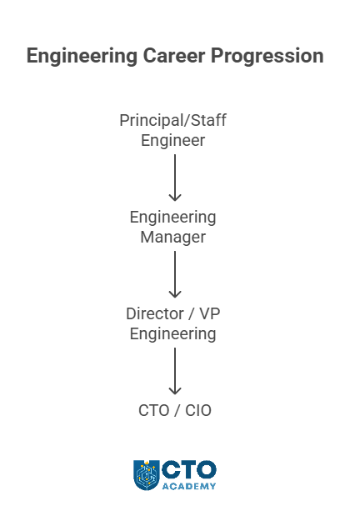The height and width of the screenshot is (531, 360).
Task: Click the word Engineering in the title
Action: (82, 56)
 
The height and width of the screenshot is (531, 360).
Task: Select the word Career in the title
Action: (174, 56)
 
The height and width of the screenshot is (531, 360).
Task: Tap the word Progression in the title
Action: (267, 56)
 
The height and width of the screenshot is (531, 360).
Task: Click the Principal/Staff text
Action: (172, 121)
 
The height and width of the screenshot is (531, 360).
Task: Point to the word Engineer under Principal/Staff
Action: (172, 141)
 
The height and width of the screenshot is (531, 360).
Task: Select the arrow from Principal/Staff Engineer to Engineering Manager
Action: (175, 178)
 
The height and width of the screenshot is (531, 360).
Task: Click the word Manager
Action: (172, 237)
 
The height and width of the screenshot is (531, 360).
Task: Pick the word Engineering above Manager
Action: (172, 218)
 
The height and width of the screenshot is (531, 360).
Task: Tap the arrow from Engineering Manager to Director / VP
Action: (175, 274)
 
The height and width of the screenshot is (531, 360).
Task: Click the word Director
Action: (155, 314)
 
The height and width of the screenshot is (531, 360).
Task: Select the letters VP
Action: (210, 314)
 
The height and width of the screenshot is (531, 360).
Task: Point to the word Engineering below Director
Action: (172, 334)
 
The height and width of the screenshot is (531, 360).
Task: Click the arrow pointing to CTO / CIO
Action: (175, 371)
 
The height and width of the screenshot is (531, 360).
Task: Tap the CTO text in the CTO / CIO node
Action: (154, 411)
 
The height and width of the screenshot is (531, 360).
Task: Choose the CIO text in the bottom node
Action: (198, 411)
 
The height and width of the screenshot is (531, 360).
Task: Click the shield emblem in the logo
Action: (147, 475)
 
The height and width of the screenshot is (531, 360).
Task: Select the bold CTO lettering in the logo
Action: (189, 470)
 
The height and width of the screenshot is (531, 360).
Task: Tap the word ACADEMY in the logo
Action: (189, 486)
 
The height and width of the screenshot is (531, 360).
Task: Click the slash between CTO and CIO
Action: (177, 411)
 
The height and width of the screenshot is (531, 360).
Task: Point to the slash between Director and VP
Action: (192, 314)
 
